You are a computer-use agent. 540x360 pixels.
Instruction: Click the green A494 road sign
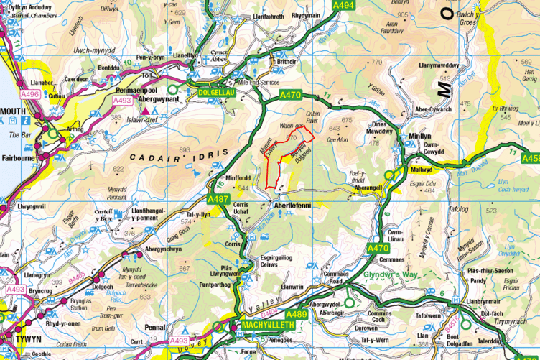[344, 5]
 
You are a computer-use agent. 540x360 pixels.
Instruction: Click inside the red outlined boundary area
[276, 162]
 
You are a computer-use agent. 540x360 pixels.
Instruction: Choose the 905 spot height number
[402, 14]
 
